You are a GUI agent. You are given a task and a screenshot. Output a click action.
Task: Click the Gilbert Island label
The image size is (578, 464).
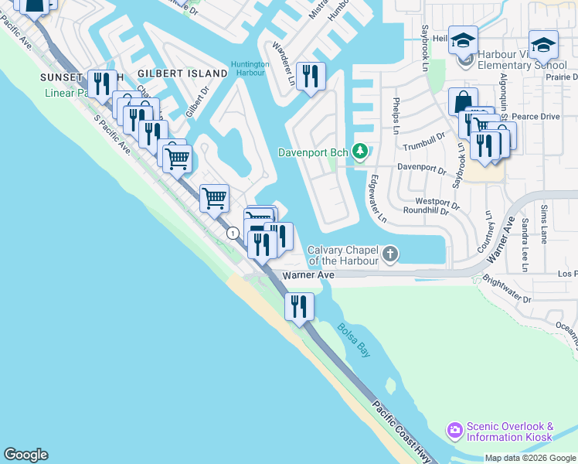(182, 73)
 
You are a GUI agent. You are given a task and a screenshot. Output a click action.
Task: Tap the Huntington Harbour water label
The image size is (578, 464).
(250, 69)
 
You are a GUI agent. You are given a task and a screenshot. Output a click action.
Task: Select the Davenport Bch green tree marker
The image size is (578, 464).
(359, 150)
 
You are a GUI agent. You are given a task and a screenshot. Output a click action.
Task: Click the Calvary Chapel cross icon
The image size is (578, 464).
(391, 254)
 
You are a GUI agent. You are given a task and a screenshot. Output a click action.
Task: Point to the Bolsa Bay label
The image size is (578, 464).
(353, 339)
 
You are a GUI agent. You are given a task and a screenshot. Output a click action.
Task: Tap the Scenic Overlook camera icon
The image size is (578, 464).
(454, 429)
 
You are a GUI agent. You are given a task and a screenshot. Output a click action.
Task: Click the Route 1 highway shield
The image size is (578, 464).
(232, 233)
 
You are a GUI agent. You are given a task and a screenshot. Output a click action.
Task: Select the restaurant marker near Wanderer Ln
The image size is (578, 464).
(311, 76)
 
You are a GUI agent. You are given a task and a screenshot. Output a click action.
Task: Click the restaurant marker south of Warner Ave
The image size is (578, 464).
(298, 306)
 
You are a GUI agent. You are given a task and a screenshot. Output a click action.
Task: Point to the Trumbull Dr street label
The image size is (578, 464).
(425, 142)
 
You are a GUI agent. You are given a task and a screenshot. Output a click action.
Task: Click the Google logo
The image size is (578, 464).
(25, 455)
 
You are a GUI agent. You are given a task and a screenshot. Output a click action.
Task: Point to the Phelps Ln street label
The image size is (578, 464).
(396, 115)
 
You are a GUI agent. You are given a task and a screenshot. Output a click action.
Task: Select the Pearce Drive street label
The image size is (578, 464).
(535, 116)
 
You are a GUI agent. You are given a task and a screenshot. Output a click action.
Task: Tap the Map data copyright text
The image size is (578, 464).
(530, 458)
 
